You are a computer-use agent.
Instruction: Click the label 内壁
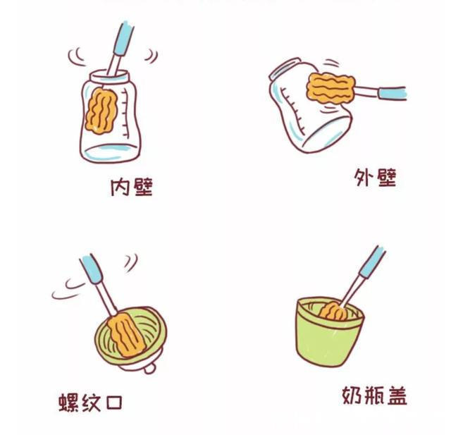[132, 187]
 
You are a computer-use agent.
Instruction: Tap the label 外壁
[376, 178]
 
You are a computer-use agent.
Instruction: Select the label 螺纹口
[90, 403]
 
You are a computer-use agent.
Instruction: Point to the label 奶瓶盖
[374, 396]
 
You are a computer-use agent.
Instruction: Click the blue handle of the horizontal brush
[392, 93]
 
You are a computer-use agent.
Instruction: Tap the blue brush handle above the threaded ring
[92, 269]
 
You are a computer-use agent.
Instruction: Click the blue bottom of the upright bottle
[110, 150]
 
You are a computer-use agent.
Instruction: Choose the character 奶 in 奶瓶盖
[352, 396]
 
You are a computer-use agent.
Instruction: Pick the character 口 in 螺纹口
[113, 403]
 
